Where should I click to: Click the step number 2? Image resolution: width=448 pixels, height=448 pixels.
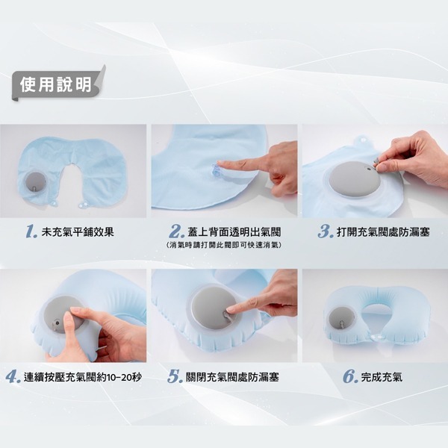pyautogui.click(x=177, y=232)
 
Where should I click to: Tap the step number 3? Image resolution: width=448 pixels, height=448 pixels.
pyautogui.click(x=325, y=232)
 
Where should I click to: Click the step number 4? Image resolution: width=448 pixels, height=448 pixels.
pyautogui.click(x=13, y=377)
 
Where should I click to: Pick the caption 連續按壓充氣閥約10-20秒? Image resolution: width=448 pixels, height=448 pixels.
pyautogui.click(x=83, y=377)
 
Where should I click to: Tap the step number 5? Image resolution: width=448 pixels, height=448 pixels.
pyautogui.click(x=175, y=377)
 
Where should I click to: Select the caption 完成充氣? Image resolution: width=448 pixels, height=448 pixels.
pyautogui.click(x=382, y=377)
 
